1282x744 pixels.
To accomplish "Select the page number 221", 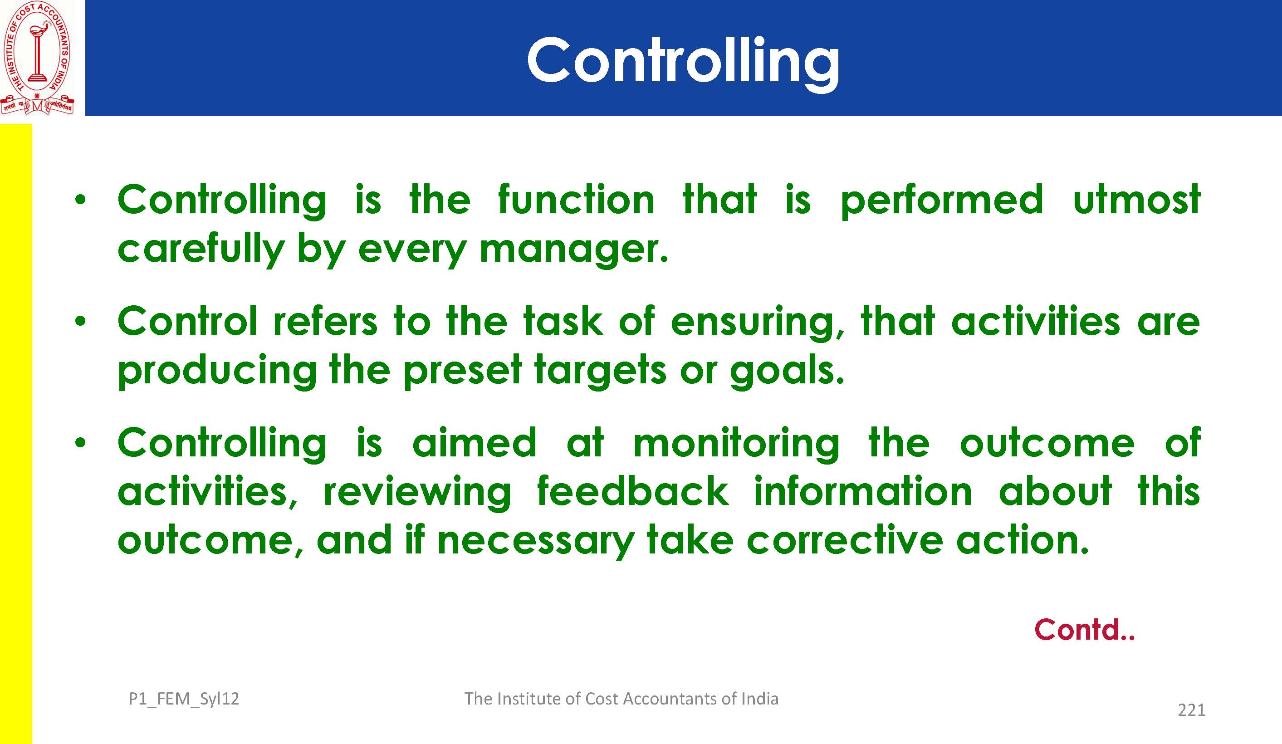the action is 1191,710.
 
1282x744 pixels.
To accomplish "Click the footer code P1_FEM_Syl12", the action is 184,699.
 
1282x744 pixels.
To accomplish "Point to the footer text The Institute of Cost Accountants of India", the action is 621,699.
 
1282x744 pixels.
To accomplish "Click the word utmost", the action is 1136,200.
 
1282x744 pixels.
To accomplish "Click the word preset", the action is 462,371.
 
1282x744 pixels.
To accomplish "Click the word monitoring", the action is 736,444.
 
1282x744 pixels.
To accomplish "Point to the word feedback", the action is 633,492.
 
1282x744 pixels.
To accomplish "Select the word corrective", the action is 845,540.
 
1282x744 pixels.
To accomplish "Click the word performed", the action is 942,201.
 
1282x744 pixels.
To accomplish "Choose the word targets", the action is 600,371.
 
